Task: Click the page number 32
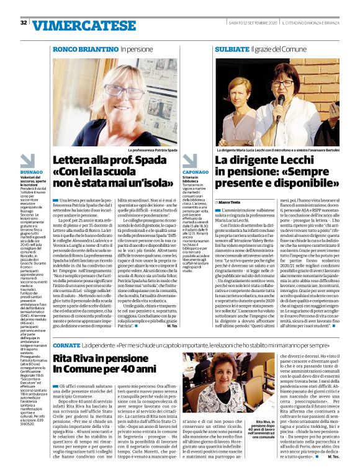point(24,23)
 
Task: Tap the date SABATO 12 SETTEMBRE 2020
point(243,23)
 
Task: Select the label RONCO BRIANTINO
point(85,48)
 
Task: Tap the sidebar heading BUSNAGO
point(31,171)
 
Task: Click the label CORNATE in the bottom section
point(66,345)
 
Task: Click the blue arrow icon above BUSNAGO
point(29,159)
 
